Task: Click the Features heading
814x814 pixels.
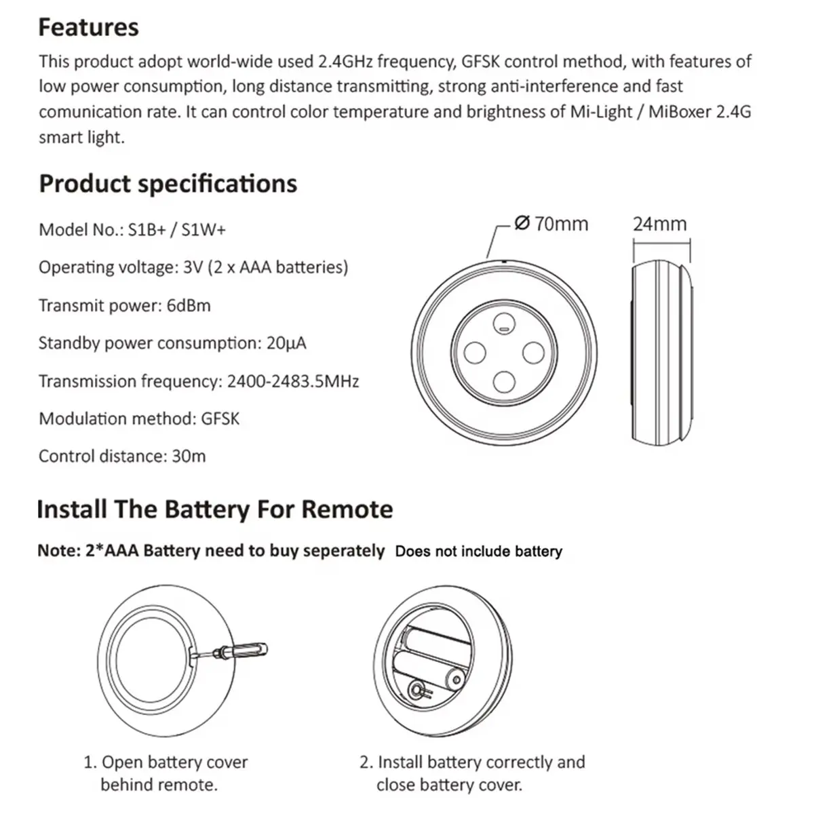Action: click(x=88, y=27)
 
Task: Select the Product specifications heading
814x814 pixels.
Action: click(x=168, y=185)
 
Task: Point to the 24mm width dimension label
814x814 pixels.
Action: click(x=659, y=224)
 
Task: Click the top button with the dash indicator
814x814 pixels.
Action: click(x=504, y=324)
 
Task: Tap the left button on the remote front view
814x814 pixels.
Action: click(x=475, y=353)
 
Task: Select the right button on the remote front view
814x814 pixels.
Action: click(x=534, y=353)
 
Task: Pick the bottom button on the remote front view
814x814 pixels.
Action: click(x=504, y=382)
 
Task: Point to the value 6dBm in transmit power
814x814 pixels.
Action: click(x=189, y=305)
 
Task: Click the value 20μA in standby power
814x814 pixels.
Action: click(x=286, y=343)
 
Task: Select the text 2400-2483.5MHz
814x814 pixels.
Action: click(x=293, y=381)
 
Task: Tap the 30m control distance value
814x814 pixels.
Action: click(x=189, y=457)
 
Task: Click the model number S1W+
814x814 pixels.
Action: click(x=203, y=230)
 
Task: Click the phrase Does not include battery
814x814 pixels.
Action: click(x=479, y=551)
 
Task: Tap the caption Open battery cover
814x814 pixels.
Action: click(x=174, y=762)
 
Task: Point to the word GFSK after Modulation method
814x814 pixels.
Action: click(x=220, y=419)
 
